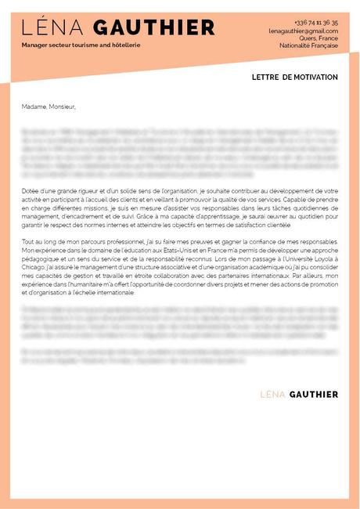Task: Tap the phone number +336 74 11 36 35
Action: coord(316,23)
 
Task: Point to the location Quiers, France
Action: coord(319,38)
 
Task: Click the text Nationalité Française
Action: coord(308,45)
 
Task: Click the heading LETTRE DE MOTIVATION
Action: coord(295,78)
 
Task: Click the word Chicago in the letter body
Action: coord(35,265)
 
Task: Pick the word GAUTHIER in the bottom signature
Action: coord(314,393)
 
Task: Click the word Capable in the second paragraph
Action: coord(300,199)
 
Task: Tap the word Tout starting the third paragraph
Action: coord(28,241)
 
